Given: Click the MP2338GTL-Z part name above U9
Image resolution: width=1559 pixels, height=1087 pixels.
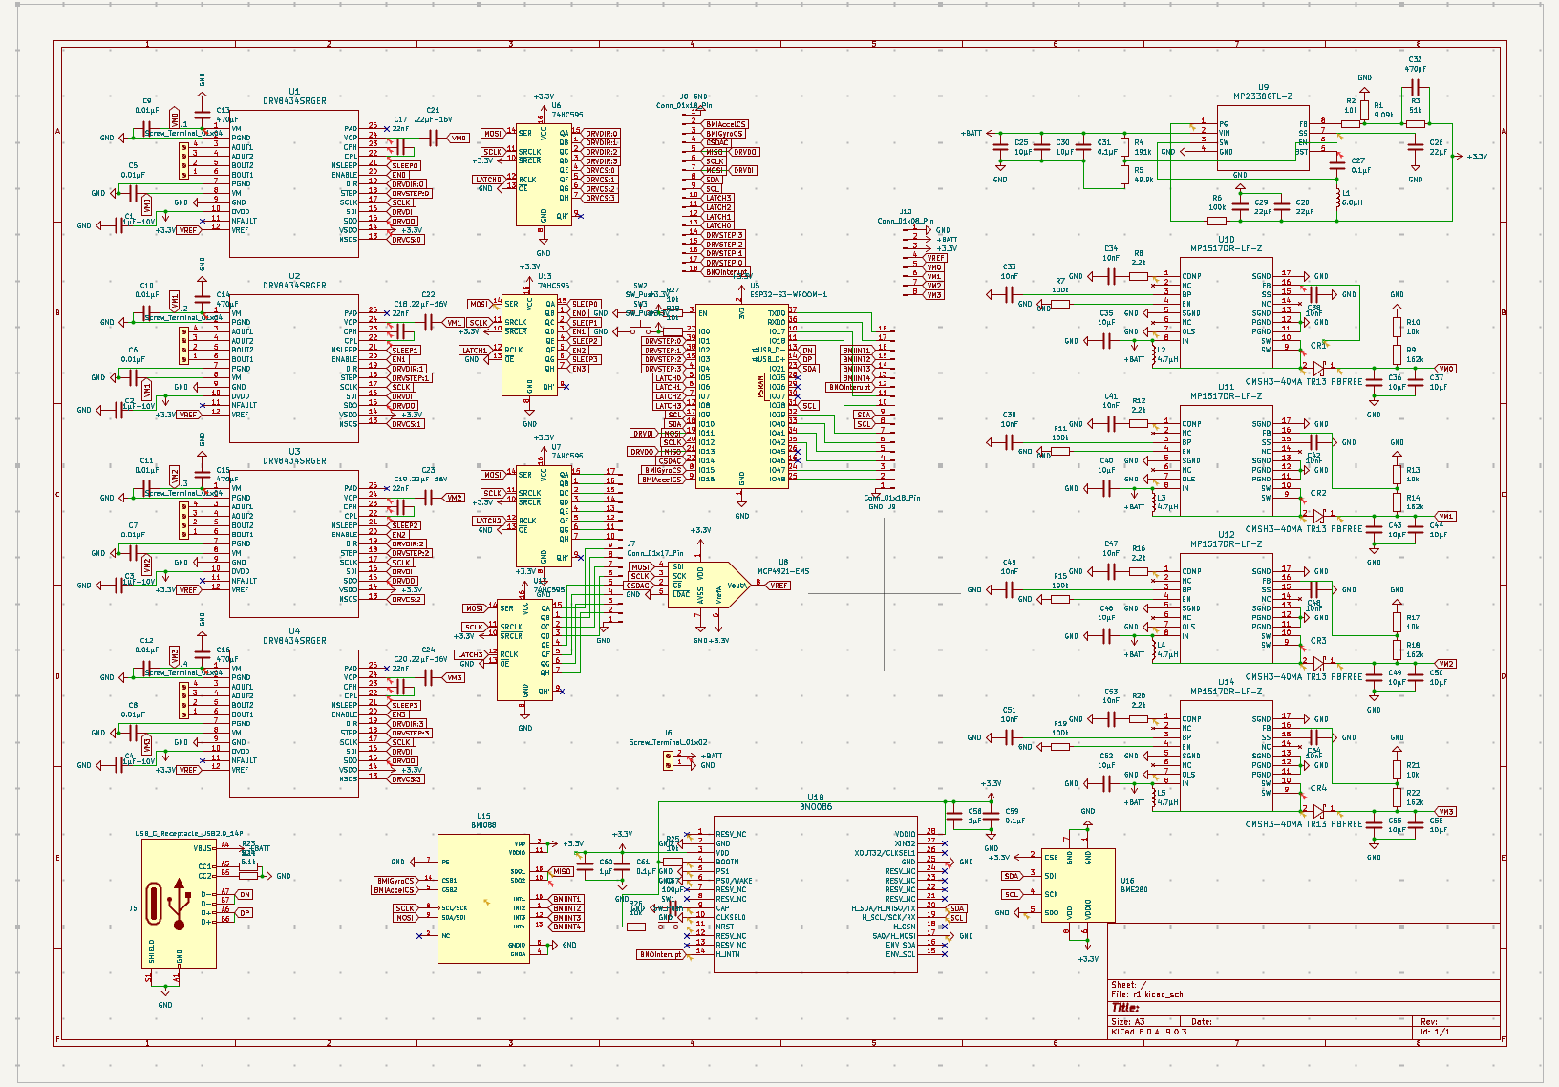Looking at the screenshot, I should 1263,96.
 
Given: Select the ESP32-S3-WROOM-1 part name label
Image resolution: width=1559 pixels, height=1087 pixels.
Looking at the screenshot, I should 788,295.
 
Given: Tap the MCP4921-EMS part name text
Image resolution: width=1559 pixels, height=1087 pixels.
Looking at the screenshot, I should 782,571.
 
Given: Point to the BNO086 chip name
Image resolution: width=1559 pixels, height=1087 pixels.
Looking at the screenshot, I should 815,807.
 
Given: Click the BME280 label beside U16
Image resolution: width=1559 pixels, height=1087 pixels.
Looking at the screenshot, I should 1134,889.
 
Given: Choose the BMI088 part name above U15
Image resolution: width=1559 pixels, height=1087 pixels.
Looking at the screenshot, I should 483,825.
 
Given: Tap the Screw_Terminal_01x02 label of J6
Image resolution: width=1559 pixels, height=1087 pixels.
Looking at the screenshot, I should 668,742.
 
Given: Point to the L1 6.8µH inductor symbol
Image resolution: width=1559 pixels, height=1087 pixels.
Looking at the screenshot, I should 1337,198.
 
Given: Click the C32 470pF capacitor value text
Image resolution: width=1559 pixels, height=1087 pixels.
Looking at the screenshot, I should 1415,69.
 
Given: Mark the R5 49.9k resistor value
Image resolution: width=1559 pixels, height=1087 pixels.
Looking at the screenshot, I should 1143,180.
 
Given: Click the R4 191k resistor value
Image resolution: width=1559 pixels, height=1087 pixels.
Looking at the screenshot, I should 1143,152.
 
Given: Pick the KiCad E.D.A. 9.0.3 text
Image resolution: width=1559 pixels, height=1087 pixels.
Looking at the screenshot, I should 1148,1032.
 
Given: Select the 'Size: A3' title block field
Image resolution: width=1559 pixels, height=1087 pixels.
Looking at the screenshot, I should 1128,1021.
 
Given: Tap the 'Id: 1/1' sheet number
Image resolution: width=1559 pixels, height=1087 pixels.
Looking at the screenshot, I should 1435,1032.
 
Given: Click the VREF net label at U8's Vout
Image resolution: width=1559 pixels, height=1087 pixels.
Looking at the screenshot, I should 779,586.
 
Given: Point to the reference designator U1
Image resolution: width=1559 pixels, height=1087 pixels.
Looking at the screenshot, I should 294,92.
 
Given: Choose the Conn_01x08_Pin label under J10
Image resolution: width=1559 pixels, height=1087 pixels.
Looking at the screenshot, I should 906,221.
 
